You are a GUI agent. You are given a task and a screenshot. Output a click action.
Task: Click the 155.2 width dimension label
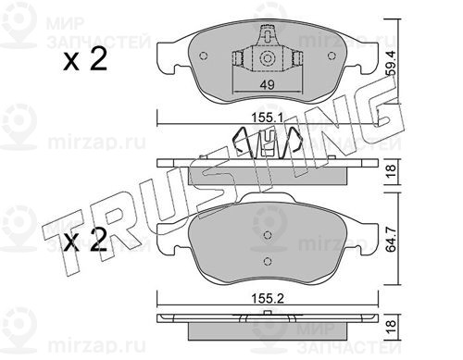pyautogui.click(x=268, y=299)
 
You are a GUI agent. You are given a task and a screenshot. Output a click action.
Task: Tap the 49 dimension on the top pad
pyautogui.click(x=267, y=84)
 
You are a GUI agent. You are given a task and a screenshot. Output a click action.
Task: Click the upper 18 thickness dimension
pyautogui.click(x=391, y=171)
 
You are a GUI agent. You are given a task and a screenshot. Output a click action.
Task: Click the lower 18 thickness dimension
pyautogui.click(x=391, y=328)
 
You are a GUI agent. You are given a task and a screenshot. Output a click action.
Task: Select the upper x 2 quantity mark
pyautogui.click(x=85, y=59)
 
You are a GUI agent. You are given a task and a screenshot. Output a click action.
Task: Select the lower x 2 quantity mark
pyautogui.click(x=85, y=240)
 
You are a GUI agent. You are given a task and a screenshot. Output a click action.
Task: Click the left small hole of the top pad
pyautogui.click(x=204, y=56)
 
